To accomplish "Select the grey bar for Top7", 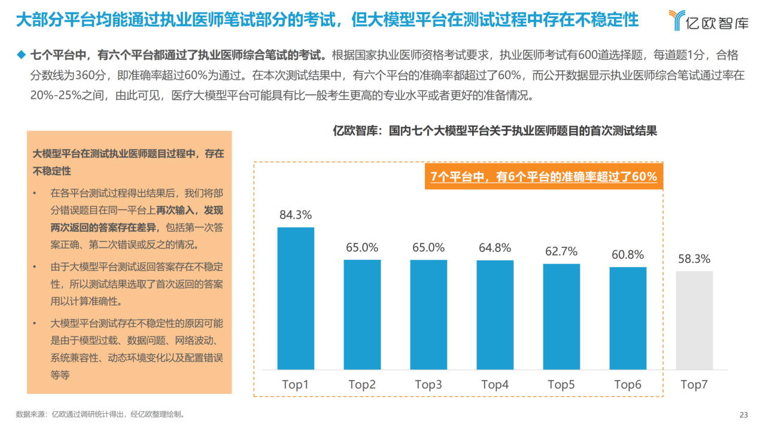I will (x=694, y=320).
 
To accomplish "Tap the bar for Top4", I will (x=495, y=315).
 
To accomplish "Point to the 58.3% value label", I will (x=694, y=259).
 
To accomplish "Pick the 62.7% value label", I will (x=561, y=251).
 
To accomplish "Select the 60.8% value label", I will (x=628, y=255).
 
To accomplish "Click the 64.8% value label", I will (x=495, y=248).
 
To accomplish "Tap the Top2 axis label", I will (x=362, y=385).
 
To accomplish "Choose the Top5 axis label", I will (x=561, y=385).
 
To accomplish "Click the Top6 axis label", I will (x=628, y=385).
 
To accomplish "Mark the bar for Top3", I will (x=428, y=314).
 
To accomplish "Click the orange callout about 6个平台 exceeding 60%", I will (x=543, y=177).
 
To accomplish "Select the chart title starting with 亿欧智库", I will (x=495, y=131).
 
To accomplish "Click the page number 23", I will (x=744, y=415).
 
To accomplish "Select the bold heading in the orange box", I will (x=128, y=162).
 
